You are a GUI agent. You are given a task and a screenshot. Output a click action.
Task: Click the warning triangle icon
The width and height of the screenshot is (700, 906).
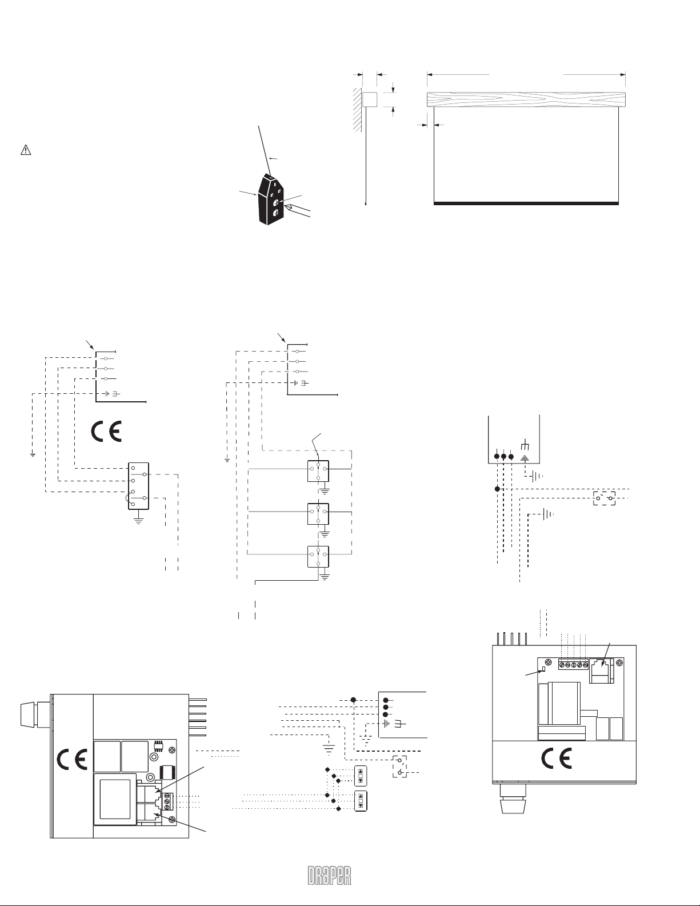point(25,150)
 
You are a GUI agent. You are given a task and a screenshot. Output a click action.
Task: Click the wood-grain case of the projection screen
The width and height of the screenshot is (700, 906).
point(526,99)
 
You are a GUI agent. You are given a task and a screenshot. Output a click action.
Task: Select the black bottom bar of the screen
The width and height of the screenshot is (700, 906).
point(526,203)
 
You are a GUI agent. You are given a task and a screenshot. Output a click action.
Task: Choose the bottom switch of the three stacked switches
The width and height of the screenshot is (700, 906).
point(318,556)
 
